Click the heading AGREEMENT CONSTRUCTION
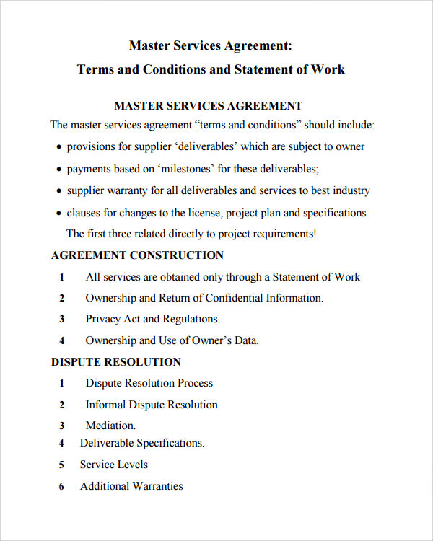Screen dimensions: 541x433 [x=137, y=255]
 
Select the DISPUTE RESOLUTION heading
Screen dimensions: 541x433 [x=116, y=362]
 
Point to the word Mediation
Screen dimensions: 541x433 [x=110, y=426]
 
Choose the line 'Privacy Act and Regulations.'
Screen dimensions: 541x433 [x=152, y=319]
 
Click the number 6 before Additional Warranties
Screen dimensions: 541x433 [x=62, y=487]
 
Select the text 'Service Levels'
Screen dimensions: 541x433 [x=114, y=465]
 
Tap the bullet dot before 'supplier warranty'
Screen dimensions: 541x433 [x=58, y=192]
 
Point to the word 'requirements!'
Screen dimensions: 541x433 [x=281, y=234]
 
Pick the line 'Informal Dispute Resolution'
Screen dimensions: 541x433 [x=152, y=405]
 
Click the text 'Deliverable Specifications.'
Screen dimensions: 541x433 [x=142, y=444]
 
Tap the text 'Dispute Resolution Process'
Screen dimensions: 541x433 [x=149, y=383]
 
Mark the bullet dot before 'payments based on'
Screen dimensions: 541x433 [x=58, y=170]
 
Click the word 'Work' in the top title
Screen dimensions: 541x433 [x=328, y=70]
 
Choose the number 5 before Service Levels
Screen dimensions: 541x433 [x=62, y=465]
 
